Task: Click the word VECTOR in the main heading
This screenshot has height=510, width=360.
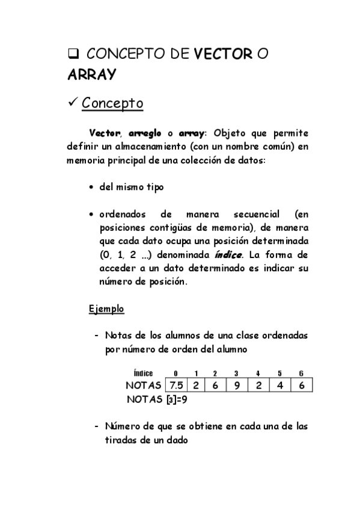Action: click(222, 54)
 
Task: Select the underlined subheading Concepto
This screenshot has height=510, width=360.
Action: click(112, 103)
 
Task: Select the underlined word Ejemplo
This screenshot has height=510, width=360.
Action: click(106, 309)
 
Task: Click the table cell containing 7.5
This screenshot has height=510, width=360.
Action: click(175, 385)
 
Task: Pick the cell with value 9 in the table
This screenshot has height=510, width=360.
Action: click(237, 385)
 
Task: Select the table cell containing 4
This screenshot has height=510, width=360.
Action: click(280, 385)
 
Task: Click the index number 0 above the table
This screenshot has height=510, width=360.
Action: click(175, 373)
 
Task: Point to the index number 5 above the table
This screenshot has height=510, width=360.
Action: click(279, 373)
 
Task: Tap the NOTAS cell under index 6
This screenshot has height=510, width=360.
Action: click(302, 385)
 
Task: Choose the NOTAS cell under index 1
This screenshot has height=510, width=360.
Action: click(197, 385)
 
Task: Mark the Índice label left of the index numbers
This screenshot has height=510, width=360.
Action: click(143, 373)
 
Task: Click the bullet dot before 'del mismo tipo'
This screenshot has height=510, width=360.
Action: click(91, 187)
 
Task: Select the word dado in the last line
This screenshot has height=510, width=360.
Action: click(176, 440)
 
